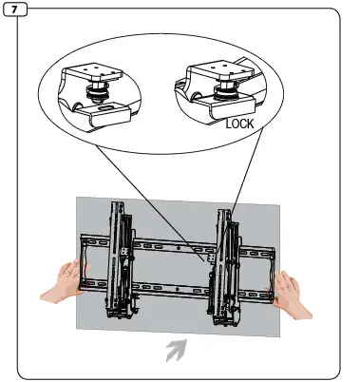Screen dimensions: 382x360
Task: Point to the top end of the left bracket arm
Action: [120, 205]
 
